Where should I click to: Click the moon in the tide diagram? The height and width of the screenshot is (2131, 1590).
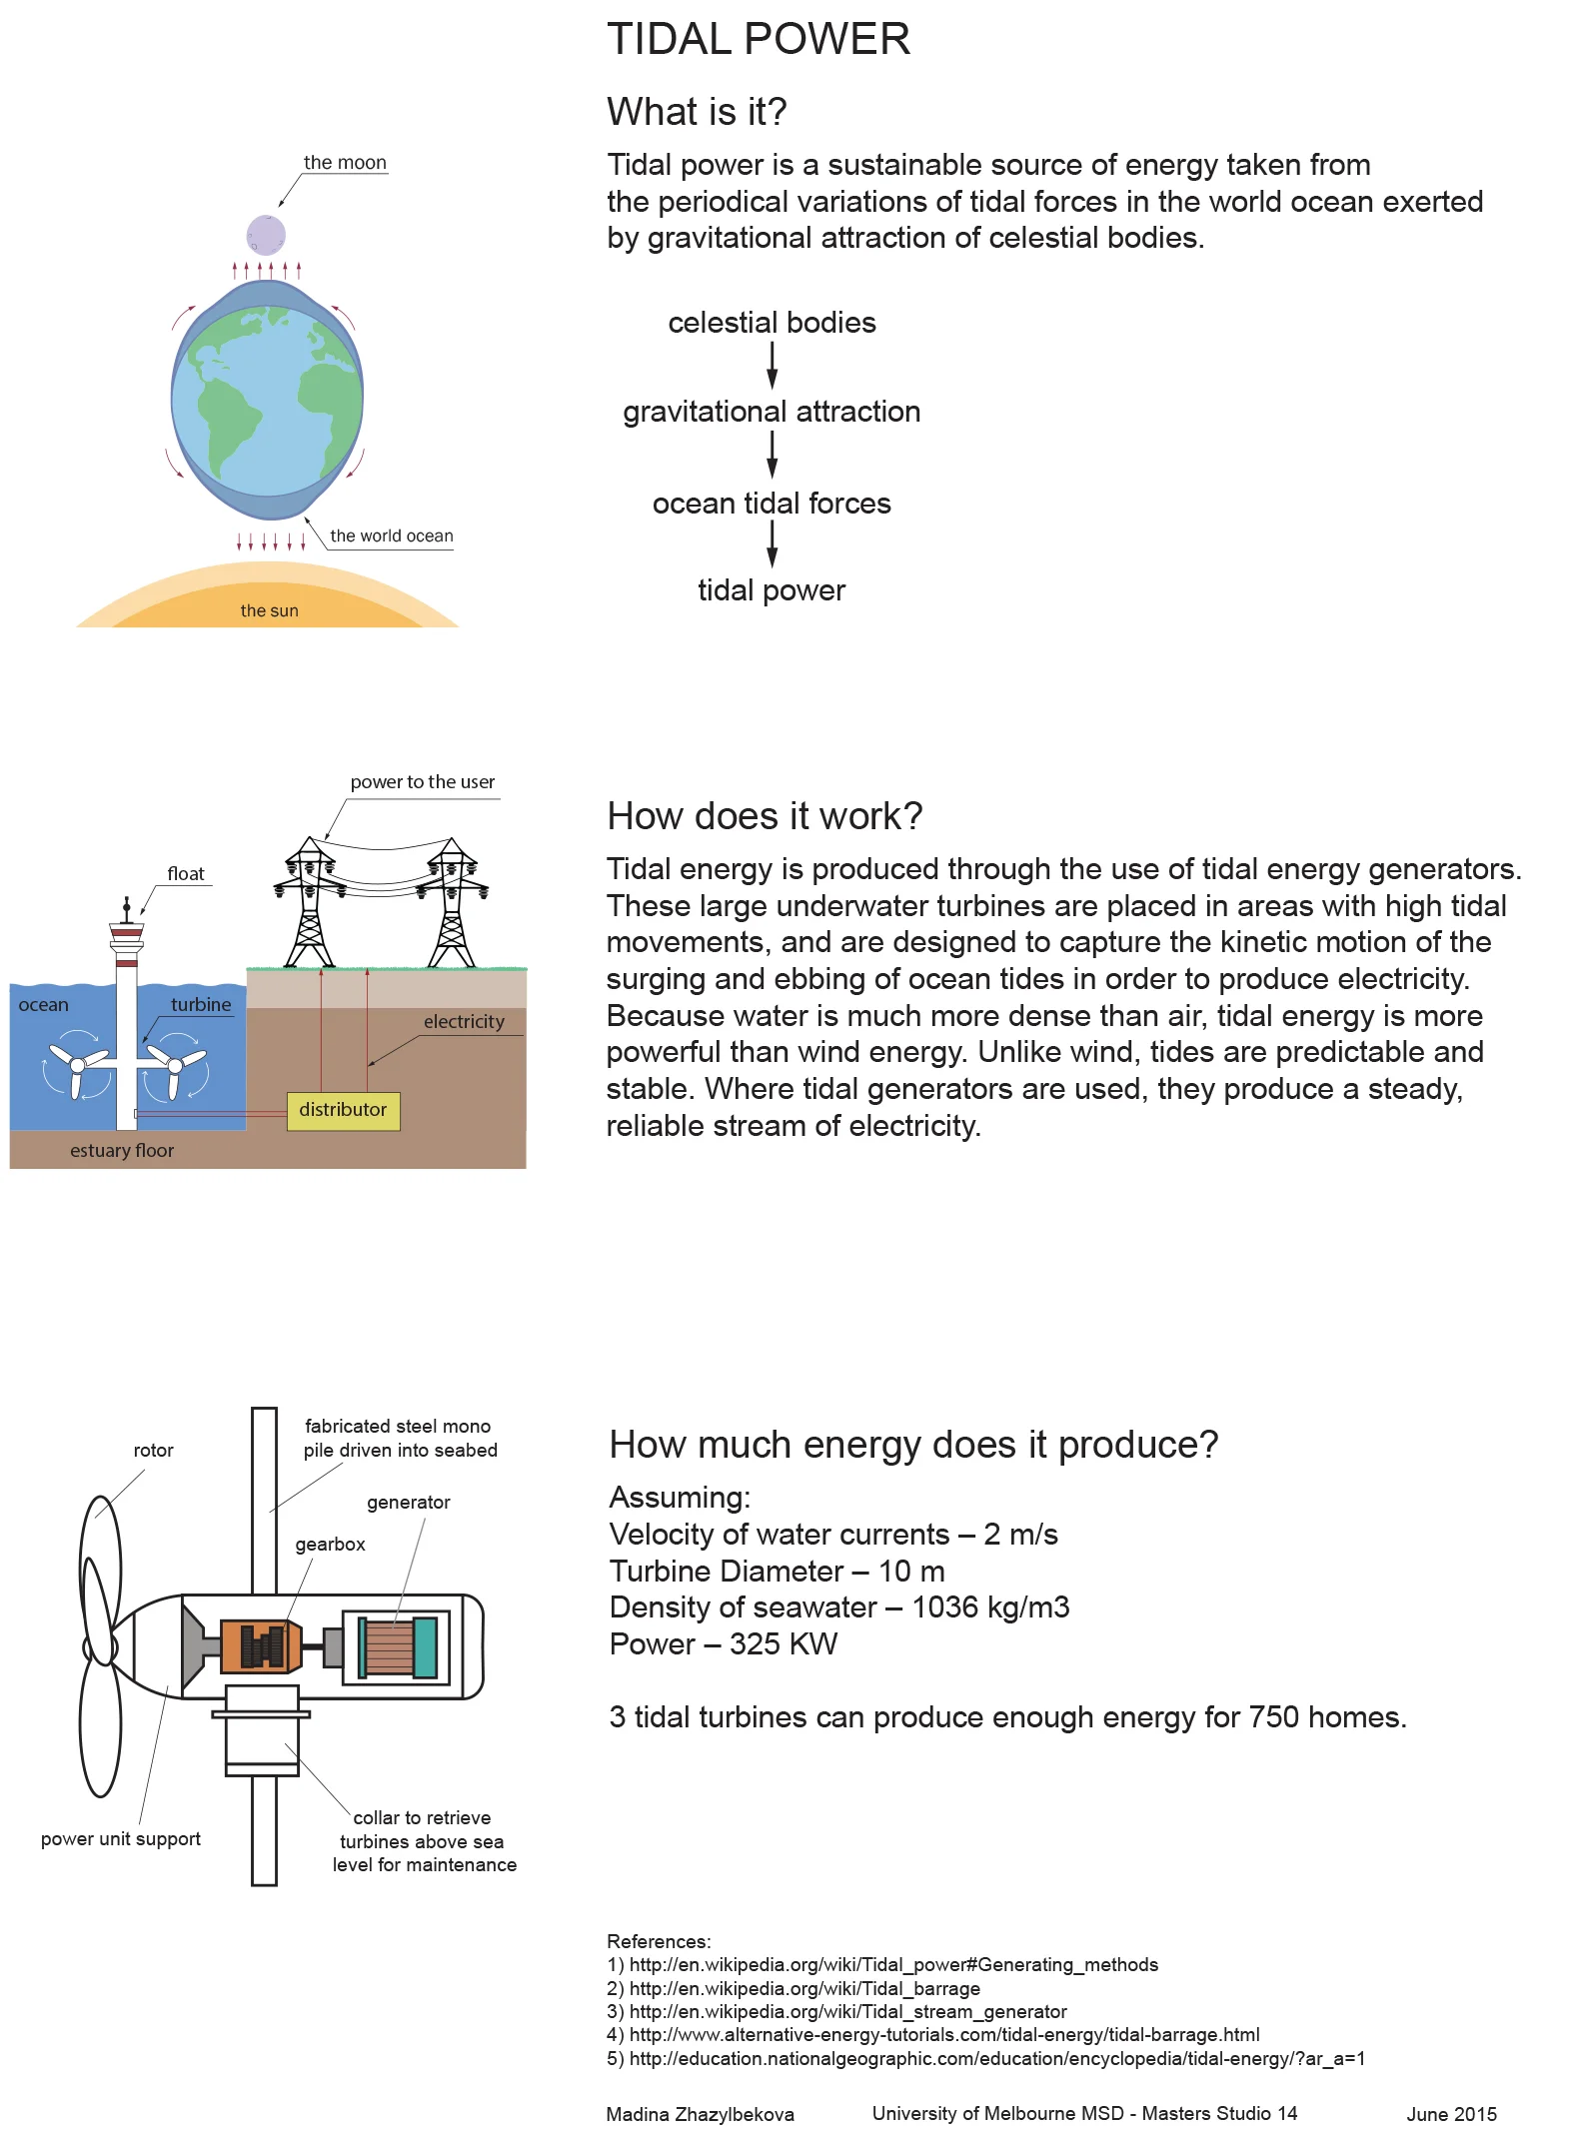point(266,235)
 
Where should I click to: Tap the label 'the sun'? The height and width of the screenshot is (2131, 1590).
point(269,610)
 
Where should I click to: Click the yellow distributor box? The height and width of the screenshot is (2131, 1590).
point(343,1110)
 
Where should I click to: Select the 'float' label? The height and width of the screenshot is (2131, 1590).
point(186,874)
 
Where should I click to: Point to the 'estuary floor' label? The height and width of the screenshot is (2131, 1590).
point(122,1151)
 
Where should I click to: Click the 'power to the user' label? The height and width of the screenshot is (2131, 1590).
point(422,782)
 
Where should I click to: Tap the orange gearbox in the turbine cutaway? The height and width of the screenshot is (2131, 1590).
point(259,1645)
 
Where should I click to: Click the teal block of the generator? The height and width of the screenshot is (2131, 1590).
point(425,1646)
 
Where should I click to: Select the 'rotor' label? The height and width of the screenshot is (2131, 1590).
point(153,1451)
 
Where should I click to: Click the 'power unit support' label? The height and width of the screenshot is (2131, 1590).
point(120,1839)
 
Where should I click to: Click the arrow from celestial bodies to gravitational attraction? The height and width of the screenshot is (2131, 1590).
point(772,365)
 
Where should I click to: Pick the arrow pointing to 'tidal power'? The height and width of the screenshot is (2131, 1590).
point(772,544)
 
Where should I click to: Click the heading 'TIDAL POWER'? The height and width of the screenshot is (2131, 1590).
point(759,40)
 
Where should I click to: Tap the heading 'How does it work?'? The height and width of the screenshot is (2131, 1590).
point(765,816)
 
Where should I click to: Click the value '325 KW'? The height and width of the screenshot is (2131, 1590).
point(784,1644)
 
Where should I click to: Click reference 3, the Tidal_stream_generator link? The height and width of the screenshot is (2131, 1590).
point(847,2012)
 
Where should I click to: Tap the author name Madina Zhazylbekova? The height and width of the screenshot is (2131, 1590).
point(700,2114)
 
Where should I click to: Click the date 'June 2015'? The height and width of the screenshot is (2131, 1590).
point(1451,2114)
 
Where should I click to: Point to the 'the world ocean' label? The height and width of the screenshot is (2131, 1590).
point(391,536)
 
